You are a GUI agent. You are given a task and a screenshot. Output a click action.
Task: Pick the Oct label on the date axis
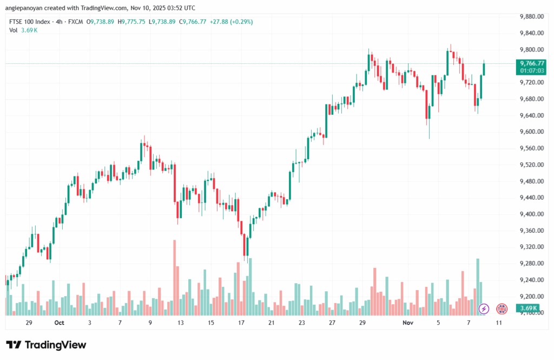point(59,322)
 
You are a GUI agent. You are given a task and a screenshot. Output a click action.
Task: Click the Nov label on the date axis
point(408,322)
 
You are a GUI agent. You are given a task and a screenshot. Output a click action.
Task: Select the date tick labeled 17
point(241,322)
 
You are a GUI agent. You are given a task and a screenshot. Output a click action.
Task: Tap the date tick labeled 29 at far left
point(29,322)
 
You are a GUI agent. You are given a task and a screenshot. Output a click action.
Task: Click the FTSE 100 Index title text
point(30,22)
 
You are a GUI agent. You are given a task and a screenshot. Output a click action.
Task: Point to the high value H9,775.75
point(132,22)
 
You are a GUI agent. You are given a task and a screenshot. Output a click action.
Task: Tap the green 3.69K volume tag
point(527,309)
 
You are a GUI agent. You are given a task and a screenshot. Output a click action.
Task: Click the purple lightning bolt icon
point(484,309)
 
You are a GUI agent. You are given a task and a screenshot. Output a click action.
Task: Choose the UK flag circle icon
point(502,309)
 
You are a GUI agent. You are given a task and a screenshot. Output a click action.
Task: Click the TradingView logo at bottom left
point(46,345)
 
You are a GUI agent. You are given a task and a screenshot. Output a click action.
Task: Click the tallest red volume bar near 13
point(175,277)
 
